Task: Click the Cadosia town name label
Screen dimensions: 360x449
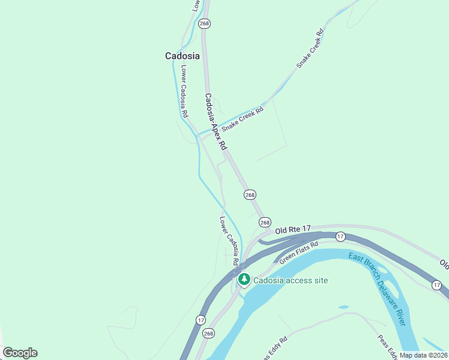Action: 182,56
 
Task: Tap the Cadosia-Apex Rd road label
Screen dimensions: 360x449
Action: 215,122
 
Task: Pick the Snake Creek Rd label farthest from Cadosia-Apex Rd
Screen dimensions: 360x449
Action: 310,49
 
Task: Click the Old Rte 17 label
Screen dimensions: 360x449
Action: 294,229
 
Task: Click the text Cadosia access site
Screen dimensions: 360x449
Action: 291,280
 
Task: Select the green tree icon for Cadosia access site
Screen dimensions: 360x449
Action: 244,280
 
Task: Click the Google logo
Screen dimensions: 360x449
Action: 20,353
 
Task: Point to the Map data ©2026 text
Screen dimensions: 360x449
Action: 423,355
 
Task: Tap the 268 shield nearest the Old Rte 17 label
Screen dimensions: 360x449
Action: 265,222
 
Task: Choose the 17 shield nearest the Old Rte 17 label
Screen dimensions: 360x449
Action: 340,236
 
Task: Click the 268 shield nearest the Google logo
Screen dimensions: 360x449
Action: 208,333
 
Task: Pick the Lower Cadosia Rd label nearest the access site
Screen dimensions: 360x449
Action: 229,241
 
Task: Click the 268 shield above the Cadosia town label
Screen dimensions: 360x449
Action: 205,23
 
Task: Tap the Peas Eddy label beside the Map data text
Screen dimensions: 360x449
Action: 386,346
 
